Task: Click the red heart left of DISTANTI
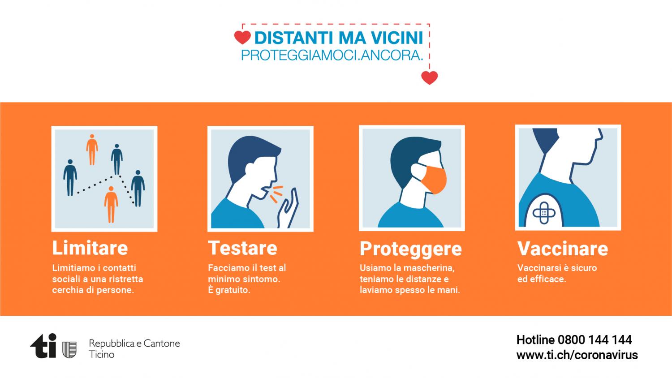242,38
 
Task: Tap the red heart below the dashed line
429,77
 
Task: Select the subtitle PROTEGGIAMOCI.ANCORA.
332,55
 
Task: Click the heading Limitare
90,248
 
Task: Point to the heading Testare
243,248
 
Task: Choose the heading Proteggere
411,249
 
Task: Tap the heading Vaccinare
563,249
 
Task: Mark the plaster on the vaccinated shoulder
544,213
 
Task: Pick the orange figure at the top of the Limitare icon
92,150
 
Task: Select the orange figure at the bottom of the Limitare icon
111,204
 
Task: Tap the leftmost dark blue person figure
70,178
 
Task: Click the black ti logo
43,346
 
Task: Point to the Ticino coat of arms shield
69,349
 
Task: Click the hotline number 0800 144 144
594,340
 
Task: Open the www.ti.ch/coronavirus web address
577,355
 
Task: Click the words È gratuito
229,290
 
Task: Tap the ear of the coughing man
250,169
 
